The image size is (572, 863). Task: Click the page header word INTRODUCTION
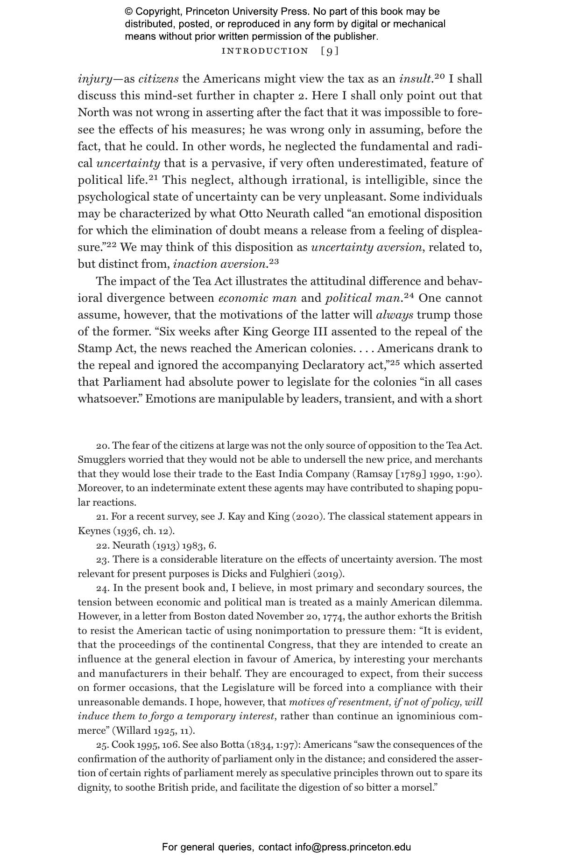[265, 51]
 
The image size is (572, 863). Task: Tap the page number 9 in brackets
[330, 51]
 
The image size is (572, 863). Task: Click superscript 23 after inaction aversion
[274, 261]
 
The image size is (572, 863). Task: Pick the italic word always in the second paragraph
[394, 315]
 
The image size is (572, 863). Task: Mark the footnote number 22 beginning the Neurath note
[102, 545]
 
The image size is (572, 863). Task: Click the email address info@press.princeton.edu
[353, 847]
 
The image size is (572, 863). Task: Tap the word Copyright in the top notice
[157, 12]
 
